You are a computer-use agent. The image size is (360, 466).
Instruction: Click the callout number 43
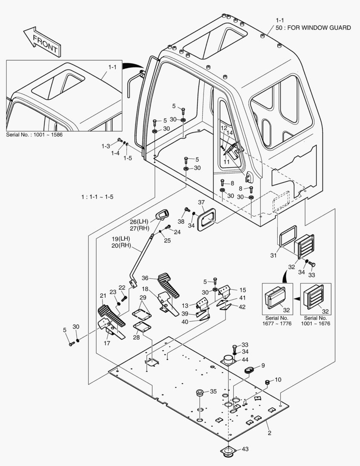pyautogui.click(x=245, y=449)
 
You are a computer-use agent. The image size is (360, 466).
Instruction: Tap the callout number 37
pyautogui.click(x=201, y=203)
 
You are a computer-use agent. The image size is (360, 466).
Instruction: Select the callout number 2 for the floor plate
pyautogui.click(x=269, y=432)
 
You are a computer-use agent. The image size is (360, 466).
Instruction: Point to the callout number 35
pyautogui.click(x=213, y=392)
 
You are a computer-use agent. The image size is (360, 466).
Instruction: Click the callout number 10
pyautogui.click(x=278, y=380)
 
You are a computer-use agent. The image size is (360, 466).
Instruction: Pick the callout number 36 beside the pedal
pyautogui.click(x=145, y=278)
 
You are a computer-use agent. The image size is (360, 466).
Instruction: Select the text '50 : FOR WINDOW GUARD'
pyautogui.click(x=313, y=28)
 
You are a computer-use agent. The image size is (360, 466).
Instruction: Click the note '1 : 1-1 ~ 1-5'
pyautogui.click(x=98, y=197)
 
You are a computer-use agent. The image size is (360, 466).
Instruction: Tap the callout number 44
pyautogui.click(x=245, y=359)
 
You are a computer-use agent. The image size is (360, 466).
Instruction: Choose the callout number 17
pyautogui.click(x=107, y=343)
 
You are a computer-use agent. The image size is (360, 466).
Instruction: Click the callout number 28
pyautogui.click(x=137, y=337)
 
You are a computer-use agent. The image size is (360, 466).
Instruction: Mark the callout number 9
pyautogui.click(x=263, y=365)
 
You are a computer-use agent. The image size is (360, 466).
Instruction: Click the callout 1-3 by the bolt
pyautogui.click(x=106, y=146)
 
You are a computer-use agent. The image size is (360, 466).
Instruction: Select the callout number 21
pyautogui.click(x=103, y=296)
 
